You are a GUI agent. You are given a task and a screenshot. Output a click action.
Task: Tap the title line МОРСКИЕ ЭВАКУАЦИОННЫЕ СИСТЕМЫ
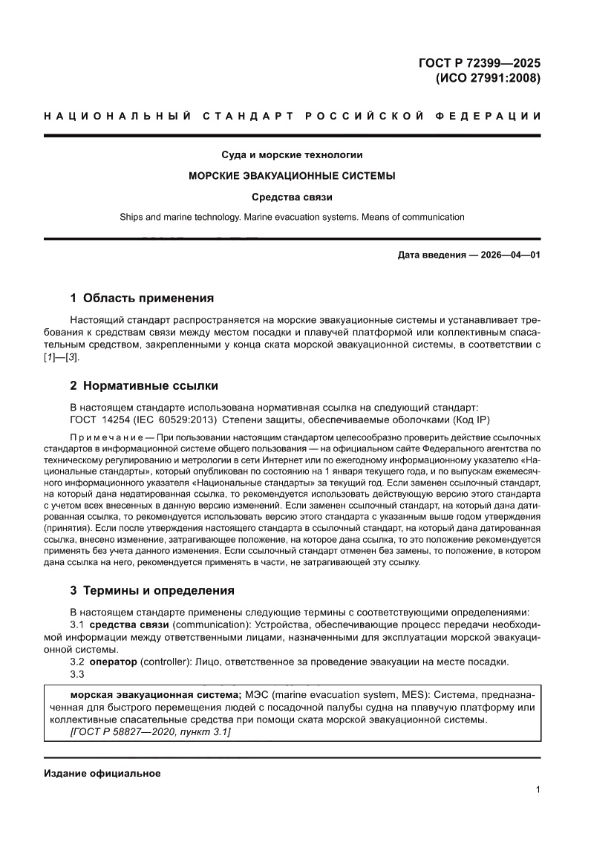pyautogui.click(x=292, y=176)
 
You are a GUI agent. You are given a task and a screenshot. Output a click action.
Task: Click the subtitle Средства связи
pyautogui.click(x=292, y=197)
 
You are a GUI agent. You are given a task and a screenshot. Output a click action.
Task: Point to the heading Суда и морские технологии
pyautogui.click(x=292, y=155)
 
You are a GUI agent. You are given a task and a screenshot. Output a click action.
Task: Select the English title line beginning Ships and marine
pyautogui.click(x=292, y=218)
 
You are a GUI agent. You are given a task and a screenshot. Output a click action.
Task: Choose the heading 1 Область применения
pyautogui.click(x=142, y=298)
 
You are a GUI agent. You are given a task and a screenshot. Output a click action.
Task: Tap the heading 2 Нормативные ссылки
pyautogui.click(x=143, y=386)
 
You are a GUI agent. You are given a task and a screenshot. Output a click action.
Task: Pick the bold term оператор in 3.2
pyautogui.click(x=114, y=662)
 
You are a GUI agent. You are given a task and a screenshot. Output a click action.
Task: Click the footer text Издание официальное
pyautogui.click(x=102, y=774)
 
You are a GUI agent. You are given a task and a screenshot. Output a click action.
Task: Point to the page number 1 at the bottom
pyautogui.click(x=538, y=790)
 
